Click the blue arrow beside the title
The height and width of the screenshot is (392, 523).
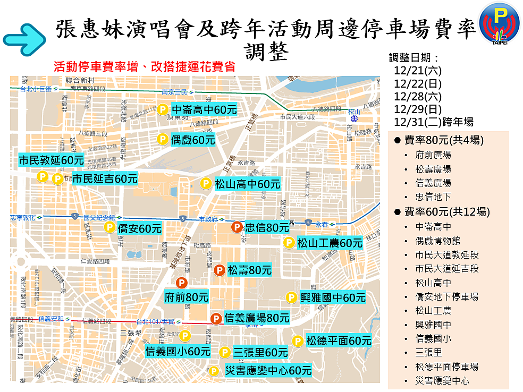(x=24, y=39)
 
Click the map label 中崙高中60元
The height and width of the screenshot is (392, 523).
(x=204, y=110)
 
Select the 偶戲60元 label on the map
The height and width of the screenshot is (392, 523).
(x=193, y=140)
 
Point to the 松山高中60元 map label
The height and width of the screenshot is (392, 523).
(x=247, y=184)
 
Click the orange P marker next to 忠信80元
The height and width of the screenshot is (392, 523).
(x=237, y=227)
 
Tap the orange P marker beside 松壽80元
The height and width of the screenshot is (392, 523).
(x=218, y=270)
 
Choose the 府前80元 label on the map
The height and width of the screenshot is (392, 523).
(x=187, y=297)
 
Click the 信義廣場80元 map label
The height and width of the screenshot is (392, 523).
(x=257, y=318)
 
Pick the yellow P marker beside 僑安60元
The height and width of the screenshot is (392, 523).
(x=109, y=227)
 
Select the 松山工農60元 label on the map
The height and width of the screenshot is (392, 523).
(x=330, y=243)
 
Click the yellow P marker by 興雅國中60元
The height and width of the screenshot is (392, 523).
(x=291, y=297)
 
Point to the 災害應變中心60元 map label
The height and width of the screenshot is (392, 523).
(x=268, y=370)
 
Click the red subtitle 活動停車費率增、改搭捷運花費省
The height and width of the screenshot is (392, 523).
(x=144, y=67)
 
